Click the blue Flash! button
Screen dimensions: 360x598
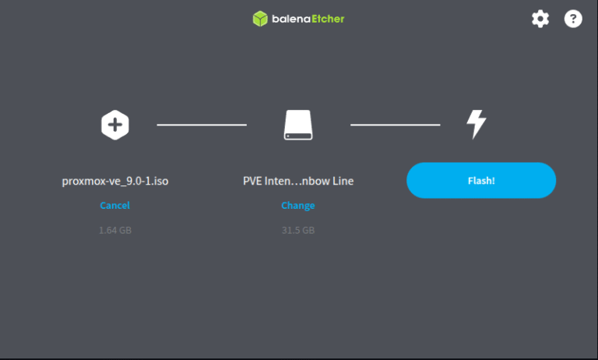click(481, 180)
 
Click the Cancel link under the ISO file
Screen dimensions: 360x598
click(114, 206)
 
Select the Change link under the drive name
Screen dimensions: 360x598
click(298, 206)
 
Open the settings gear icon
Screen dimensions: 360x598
click(540, 19)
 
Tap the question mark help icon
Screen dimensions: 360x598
click(573, 19)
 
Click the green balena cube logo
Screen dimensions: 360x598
click(260, 19)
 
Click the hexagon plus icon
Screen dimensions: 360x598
click(115, 125)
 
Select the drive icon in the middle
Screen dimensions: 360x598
click(298, 125)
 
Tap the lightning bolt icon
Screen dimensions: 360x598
click(476, 125)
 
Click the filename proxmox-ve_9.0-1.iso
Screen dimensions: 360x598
click(115, 181)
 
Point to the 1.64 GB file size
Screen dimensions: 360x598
click(115, 231)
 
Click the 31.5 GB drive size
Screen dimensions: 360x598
click(298, 231)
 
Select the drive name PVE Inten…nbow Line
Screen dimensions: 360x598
click(298, 181)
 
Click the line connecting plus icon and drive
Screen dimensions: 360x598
click(202, 125)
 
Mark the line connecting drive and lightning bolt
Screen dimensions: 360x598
click(395, 125)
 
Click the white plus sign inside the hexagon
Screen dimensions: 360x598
click(115, 125)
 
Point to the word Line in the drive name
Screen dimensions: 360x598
click(343, 181)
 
